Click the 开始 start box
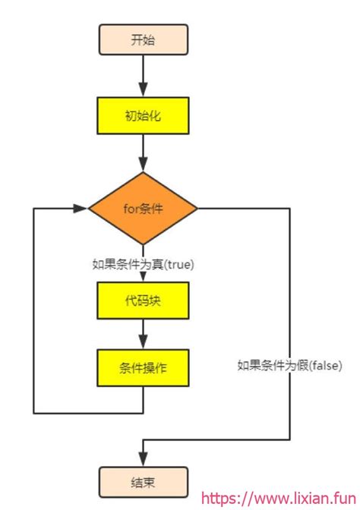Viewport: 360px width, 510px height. pos(143,39)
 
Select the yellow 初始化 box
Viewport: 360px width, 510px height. pos(143,116)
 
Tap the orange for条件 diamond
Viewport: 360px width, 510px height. pos(143,207)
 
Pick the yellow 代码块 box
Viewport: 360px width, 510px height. pos(143,301)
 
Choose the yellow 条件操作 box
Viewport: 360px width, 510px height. pos(143,368)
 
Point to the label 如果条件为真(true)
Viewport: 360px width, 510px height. pos(143,264)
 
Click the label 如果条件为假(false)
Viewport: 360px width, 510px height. pos(289,365)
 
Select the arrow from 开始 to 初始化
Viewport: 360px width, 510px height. pos(143,76)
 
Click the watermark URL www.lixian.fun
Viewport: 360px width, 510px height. pos(292,499)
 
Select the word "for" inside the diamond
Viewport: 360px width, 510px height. pos(130,208)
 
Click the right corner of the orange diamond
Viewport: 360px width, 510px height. pos(196,207)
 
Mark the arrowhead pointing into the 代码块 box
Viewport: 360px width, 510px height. pos(143,278)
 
